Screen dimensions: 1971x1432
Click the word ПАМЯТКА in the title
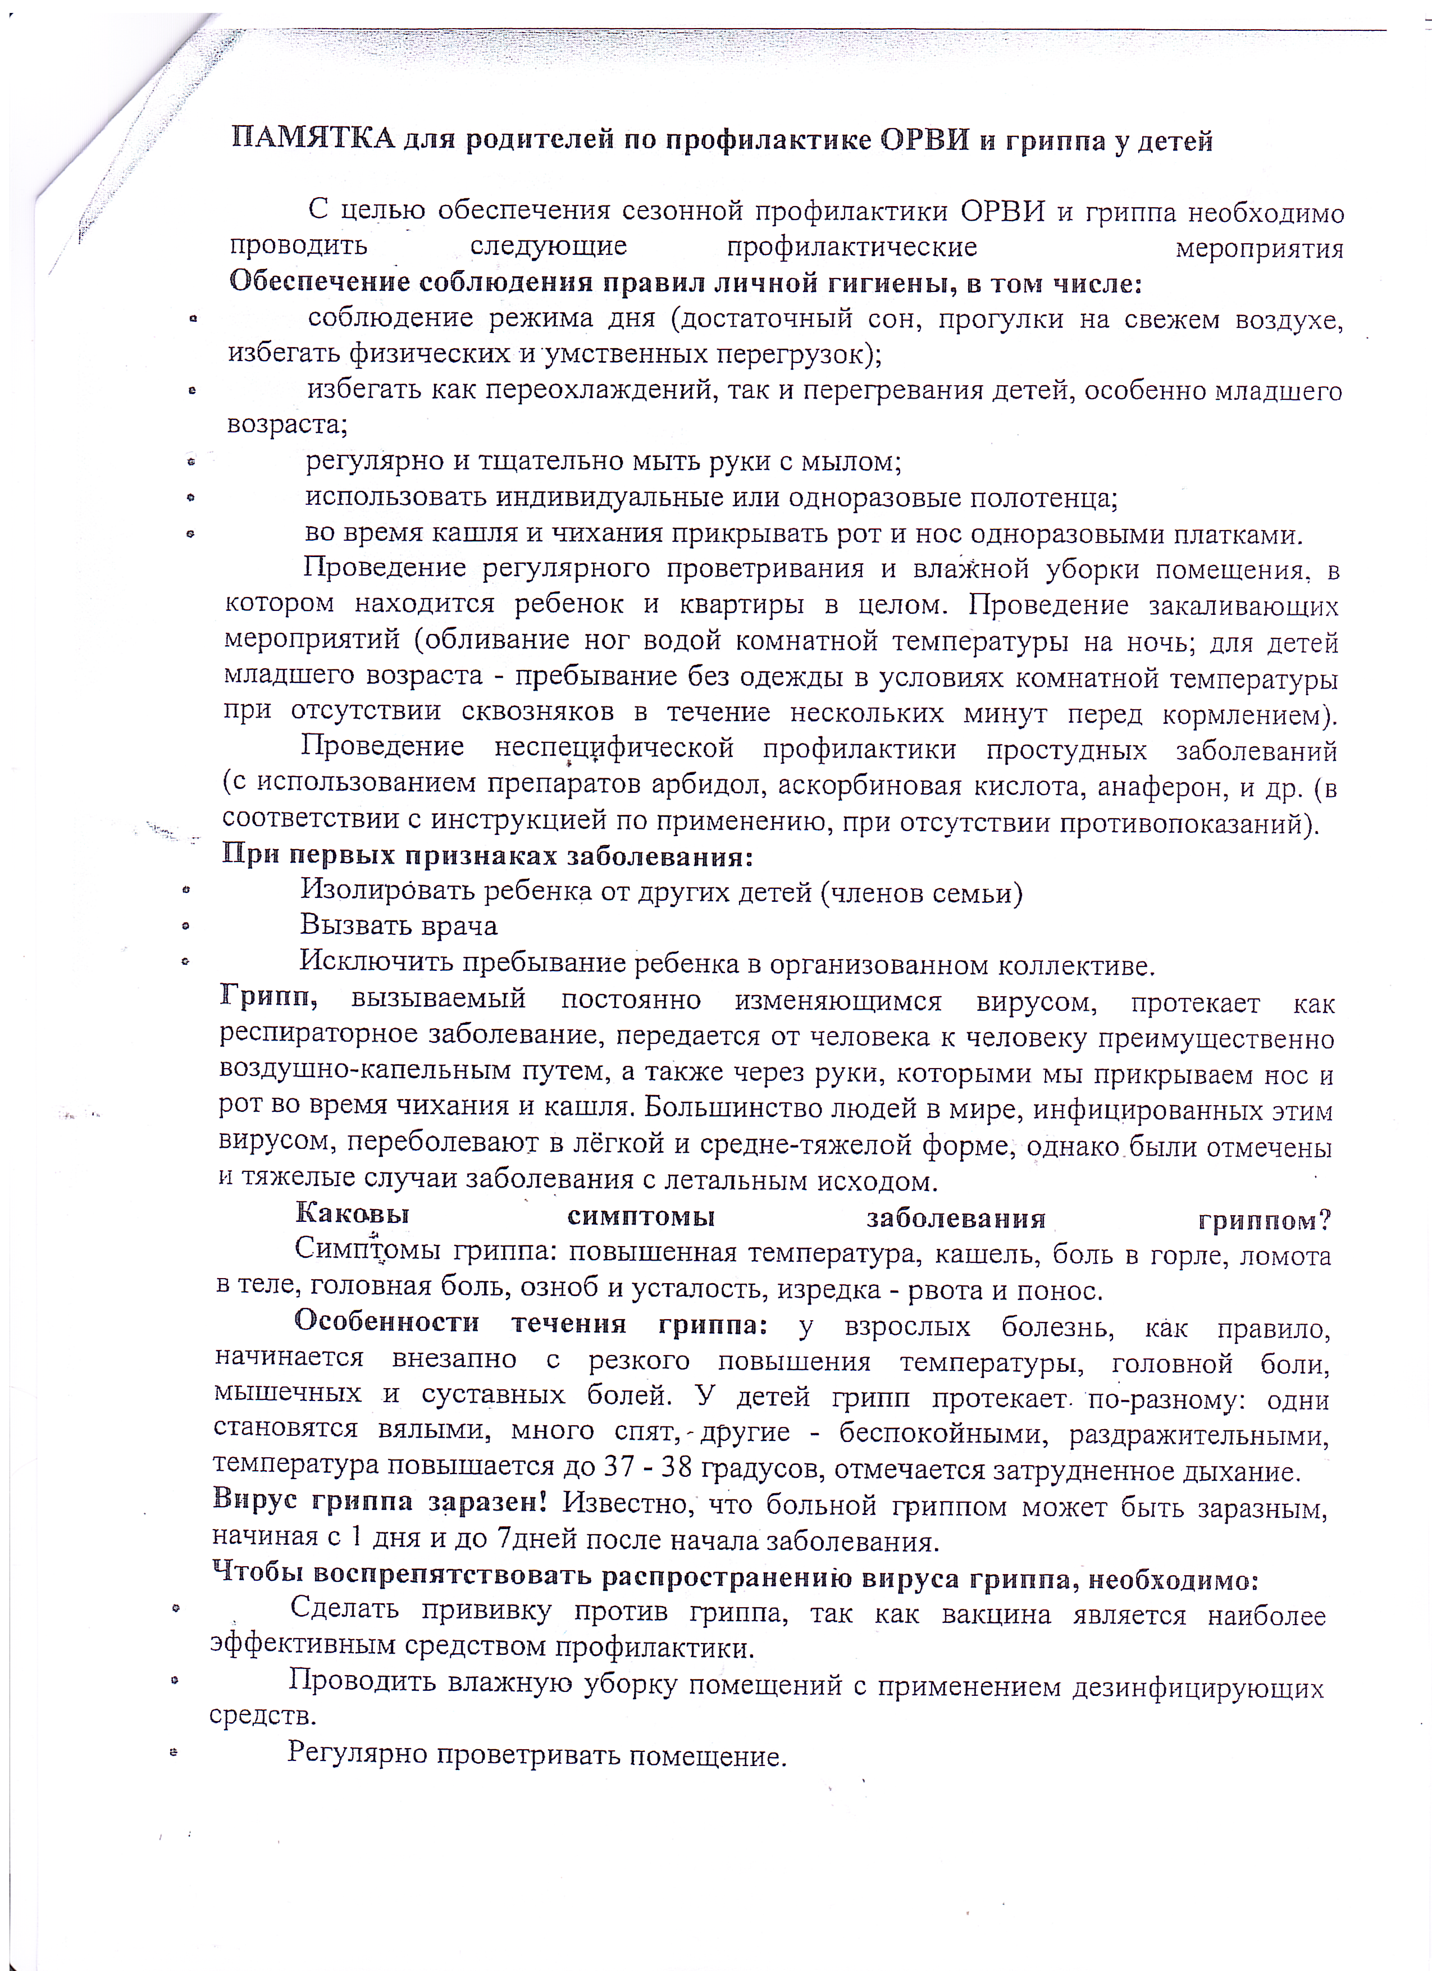(313, 138)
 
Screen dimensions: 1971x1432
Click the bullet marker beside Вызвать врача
(185, 927)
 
